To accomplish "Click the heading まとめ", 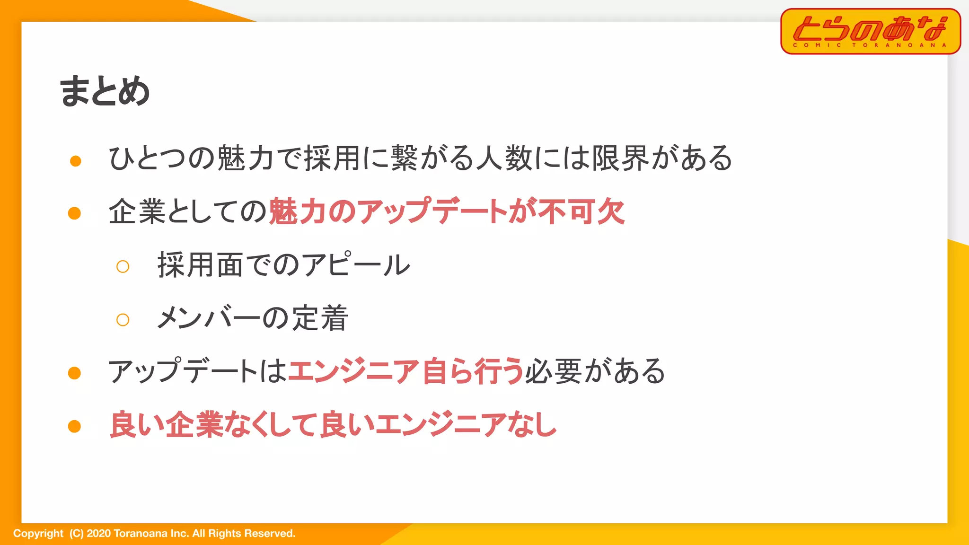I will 105,91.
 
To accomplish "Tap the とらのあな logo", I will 870,31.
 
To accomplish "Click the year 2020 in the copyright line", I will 98,534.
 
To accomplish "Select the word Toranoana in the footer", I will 141,534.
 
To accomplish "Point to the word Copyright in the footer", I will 38,534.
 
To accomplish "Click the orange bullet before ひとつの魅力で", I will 75,161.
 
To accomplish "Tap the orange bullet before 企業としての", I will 75,213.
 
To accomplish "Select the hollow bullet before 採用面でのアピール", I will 123,267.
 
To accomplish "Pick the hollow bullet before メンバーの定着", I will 123,320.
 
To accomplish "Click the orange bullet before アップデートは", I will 75,373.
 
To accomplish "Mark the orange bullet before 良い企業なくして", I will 75,426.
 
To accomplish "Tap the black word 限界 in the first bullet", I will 620,158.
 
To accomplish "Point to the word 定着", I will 320,318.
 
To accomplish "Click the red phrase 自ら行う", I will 473,371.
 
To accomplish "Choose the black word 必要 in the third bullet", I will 553,371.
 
